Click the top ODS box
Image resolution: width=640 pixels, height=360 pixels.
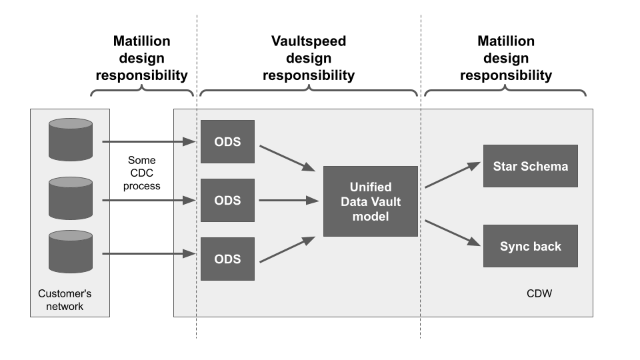227,141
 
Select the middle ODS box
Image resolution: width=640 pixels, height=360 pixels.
227,201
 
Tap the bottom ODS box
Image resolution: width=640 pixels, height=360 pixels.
227,259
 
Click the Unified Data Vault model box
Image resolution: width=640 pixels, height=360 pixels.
371,201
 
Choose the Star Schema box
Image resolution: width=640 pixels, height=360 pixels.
531,166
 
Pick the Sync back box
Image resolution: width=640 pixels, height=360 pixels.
531,246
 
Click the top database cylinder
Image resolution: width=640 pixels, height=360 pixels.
71,139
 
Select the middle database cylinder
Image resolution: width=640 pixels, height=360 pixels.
71,199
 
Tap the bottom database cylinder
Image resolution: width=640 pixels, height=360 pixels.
71,251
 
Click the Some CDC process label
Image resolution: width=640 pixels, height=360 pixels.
141,173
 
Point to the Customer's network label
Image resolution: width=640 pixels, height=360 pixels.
65,300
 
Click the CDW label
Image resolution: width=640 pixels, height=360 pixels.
539,293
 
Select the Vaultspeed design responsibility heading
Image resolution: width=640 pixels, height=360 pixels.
309,58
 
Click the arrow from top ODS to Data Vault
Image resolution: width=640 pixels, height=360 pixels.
287,159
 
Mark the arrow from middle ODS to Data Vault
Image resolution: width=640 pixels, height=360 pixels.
289,201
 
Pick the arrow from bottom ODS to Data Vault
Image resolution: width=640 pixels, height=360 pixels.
287,249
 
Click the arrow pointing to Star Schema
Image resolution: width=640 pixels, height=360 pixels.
453,175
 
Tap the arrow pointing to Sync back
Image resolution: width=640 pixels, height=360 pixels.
453,233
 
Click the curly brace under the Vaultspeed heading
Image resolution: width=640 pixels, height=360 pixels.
309,90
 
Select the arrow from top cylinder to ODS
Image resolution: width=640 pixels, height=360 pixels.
149,141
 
